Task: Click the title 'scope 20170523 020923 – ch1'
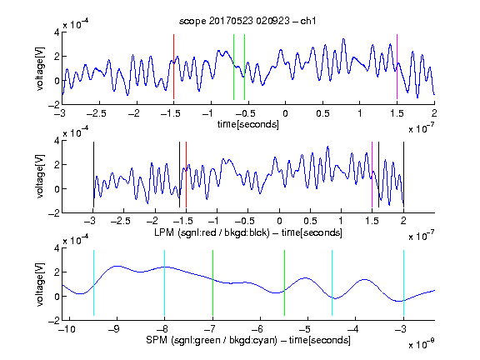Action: tap(247, 21)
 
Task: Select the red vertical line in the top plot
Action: tap(174, 67)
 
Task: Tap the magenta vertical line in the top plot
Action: tap(397, 67)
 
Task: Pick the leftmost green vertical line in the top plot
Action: tap(233, 67)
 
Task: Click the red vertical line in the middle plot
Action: tap(186, 174)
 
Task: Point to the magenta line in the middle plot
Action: tap(372, 174)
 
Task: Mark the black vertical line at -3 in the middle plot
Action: tap(93, 174)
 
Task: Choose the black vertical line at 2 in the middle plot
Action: tap(403, 174)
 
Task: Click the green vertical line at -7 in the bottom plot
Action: tap(212, 282)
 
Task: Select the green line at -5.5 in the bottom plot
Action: tap(285, 282)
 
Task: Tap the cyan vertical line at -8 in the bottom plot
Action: tap(165, 282)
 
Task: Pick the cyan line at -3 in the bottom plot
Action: tap(404, 282)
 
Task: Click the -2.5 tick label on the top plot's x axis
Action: tap(97, 113)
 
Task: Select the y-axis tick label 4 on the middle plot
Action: tap(57, 141)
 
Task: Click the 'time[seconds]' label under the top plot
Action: tap(248, 124)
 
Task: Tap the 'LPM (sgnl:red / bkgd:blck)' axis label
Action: tap(212, 232)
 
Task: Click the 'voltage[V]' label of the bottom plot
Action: tap(40, 284)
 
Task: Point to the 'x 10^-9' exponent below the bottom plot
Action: tap(421, 344)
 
